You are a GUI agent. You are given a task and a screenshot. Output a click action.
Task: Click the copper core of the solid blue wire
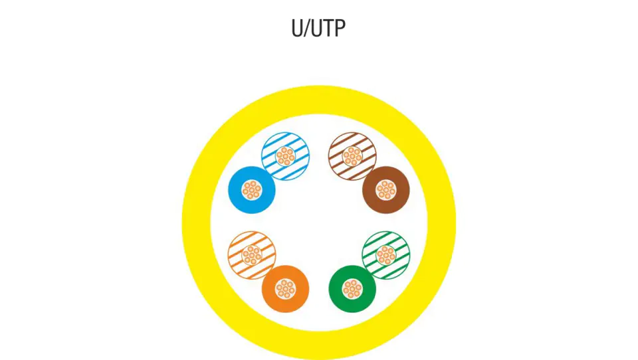click(251, 190)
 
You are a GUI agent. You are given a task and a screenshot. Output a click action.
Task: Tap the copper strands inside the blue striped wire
click(285, 157)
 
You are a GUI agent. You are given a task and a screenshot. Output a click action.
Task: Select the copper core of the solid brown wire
click(386, 190)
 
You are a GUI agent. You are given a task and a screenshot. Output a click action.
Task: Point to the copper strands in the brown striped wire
click(352, 157)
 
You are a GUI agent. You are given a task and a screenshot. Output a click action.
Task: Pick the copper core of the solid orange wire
click(286, 289)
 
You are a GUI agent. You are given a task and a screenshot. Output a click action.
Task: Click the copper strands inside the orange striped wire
click(252, 255)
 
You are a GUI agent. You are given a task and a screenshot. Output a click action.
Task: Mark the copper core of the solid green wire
click(352, 289)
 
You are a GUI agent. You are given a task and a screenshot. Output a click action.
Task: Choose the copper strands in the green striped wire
click(386, 255)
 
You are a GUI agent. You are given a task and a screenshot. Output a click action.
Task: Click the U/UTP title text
click(318, 28)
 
